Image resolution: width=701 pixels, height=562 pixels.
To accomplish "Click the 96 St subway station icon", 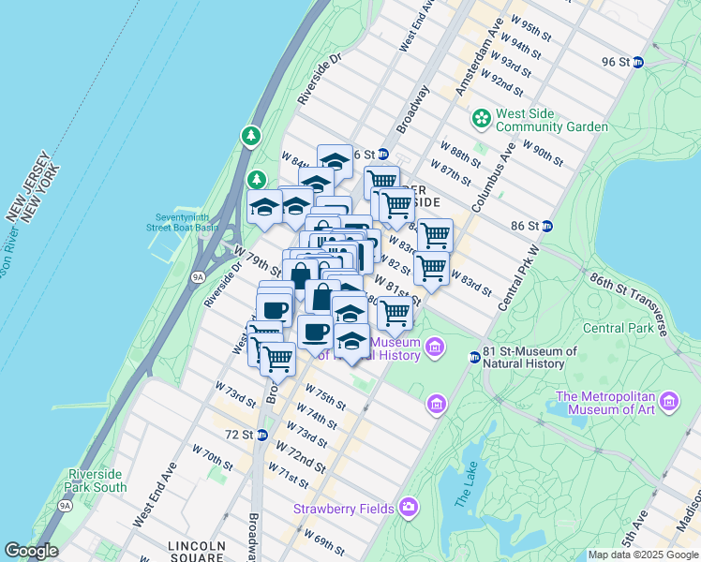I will click(x=638, y=62).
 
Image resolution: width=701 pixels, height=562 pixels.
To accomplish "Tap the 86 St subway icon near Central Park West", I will click(x=547, y=226).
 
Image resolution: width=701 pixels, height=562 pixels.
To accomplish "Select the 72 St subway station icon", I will click(x=262, y=435).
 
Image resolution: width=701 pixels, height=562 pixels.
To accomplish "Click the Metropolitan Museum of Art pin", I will click(x=669, y=402).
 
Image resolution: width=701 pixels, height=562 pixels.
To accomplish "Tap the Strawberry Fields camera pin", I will click(x=408, y=508).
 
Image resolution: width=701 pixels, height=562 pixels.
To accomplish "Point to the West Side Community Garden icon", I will click(x=481, y=119).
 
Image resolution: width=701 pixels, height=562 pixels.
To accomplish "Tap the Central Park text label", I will click(x=617, y=328).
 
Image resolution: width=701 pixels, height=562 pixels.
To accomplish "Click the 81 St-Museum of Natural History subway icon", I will click(x=475, y=357).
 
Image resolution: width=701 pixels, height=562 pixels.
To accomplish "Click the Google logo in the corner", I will click(x=31, y=551).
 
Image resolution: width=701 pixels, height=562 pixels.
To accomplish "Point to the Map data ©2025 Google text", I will click(x=642, y=555).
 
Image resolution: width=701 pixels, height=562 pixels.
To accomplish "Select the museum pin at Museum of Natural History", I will click(x=435, y=348).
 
